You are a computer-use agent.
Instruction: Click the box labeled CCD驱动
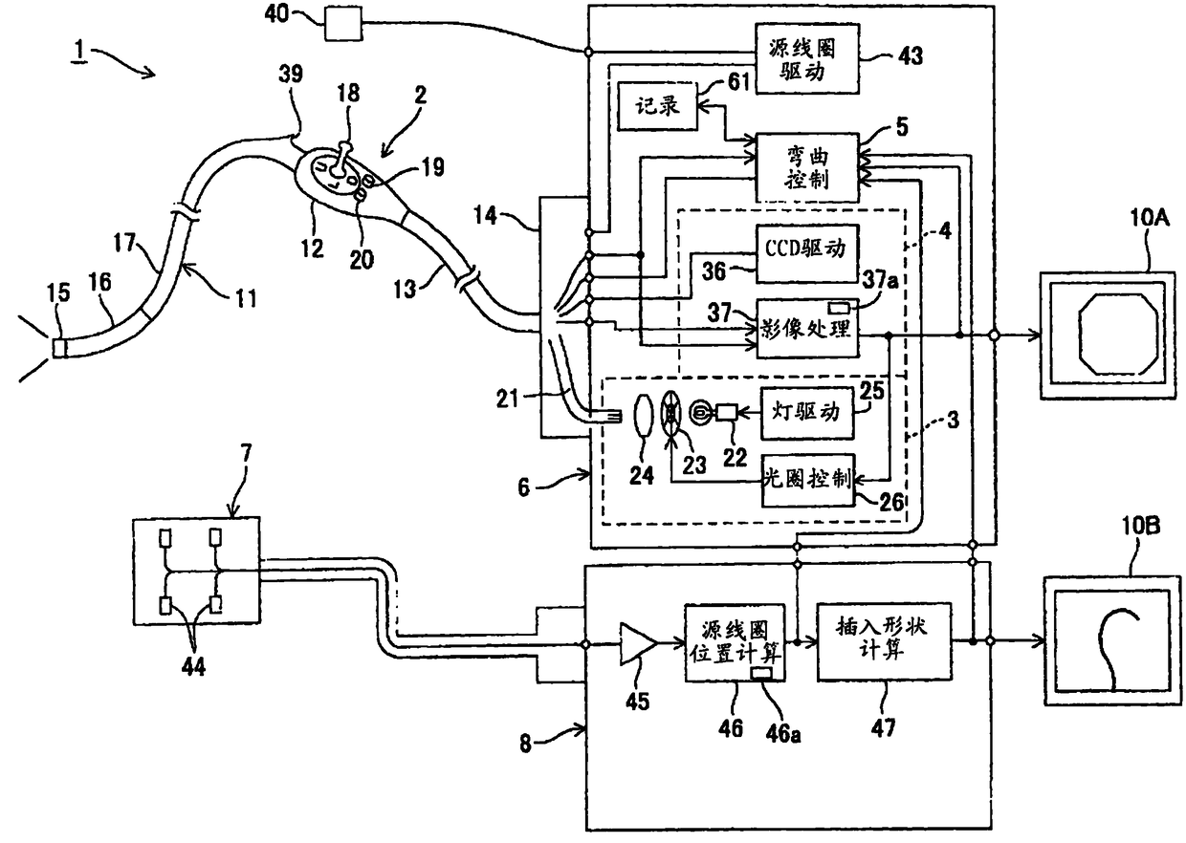click(x=806, y=253)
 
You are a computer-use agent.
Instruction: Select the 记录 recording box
click(x=657, y=106)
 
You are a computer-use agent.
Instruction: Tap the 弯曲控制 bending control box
click(x=806, y=167)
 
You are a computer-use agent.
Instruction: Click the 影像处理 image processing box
click(x=806, y=329)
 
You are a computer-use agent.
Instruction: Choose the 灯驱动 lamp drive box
click(x=807, y=413)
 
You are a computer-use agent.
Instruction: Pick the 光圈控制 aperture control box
click(x=808, y=480)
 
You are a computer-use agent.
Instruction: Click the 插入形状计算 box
click(x=884, y=642)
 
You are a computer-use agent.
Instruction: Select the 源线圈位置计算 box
click(x=735, y=642)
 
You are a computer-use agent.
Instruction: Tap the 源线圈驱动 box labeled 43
click(x=806, y=58)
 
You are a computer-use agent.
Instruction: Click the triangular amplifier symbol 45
click(x=637, y=643)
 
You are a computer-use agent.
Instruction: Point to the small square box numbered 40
click(x=343, y=23)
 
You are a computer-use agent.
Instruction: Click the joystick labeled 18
click(x=340, y=158)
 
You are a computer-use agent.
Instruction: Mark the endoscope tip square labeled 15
click(x=59, y=348)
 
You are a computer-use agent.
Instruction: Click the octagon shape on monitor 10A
click(x=1117, y=334)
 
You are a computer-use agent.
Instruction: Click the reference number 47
click(x=883, y=728)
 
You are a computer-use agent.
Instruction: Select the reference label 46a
click(x=782, y=734)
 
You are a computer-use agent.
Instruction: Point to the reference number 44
click(x=193, y=667)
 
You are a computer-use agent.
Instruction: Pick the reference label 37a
click(x=881, y=280)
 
